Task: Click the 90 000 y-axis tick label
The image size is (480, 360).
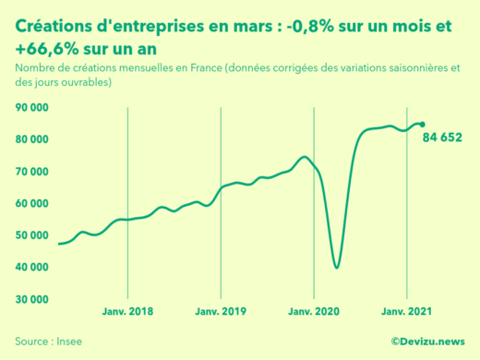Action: (31, 107)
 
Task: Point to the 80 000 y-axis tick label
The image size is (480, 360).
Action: (31, 139)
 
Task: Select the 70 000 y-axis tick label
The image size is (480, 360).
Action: (31, 172)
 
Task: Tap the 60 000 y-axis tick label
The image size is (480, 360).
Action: (31, 203)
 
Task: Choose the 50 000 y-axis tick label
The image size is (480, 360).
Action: (31, 235)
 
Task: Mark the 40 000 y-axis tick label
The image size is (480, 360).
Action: (31, 267)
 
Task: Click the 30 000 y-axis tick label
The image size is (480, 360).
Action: (31, 299)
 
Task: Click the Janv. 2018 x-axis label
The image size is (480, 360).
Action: (126, 312)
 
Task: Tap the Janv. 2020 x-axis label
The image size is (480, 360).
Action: (314, 312)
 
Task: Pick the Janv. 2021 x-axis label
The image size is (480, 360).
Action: (407, 312)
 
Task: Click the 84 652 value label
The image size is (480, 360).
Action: (442, 138)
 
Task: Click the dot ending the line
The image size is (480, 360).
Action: (423, 124)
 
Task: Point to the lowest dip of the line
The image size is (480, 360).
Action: (337, 267)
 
